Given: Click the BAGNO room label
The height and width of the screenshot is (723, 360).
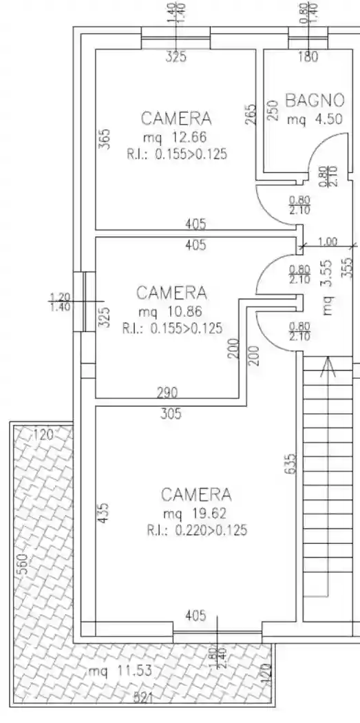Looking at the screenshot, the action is tap(315, 100).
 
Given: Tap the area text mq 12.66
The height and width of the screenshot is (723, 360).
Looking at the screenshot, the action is tap(174, 137).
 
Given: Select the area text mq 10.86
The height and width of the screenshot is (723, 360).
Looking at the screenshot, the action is tap(169, 311).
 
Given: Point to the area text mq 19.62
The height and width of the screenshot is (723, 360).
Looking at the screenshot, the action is tap(195, 513).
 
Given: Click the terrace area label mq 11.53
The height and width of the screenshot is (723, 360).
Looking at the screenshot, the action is tap(120, 671).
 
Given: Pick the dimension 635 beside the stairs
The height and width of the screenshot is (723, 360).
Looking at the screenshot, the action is tap(291, 463).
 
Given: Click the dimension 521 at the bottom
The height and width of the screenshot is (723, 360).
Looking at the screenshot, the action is tap(143, 699).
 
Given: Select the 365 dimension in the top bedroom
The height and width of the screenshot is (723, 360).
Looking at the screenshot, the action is tap(105, 138).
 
